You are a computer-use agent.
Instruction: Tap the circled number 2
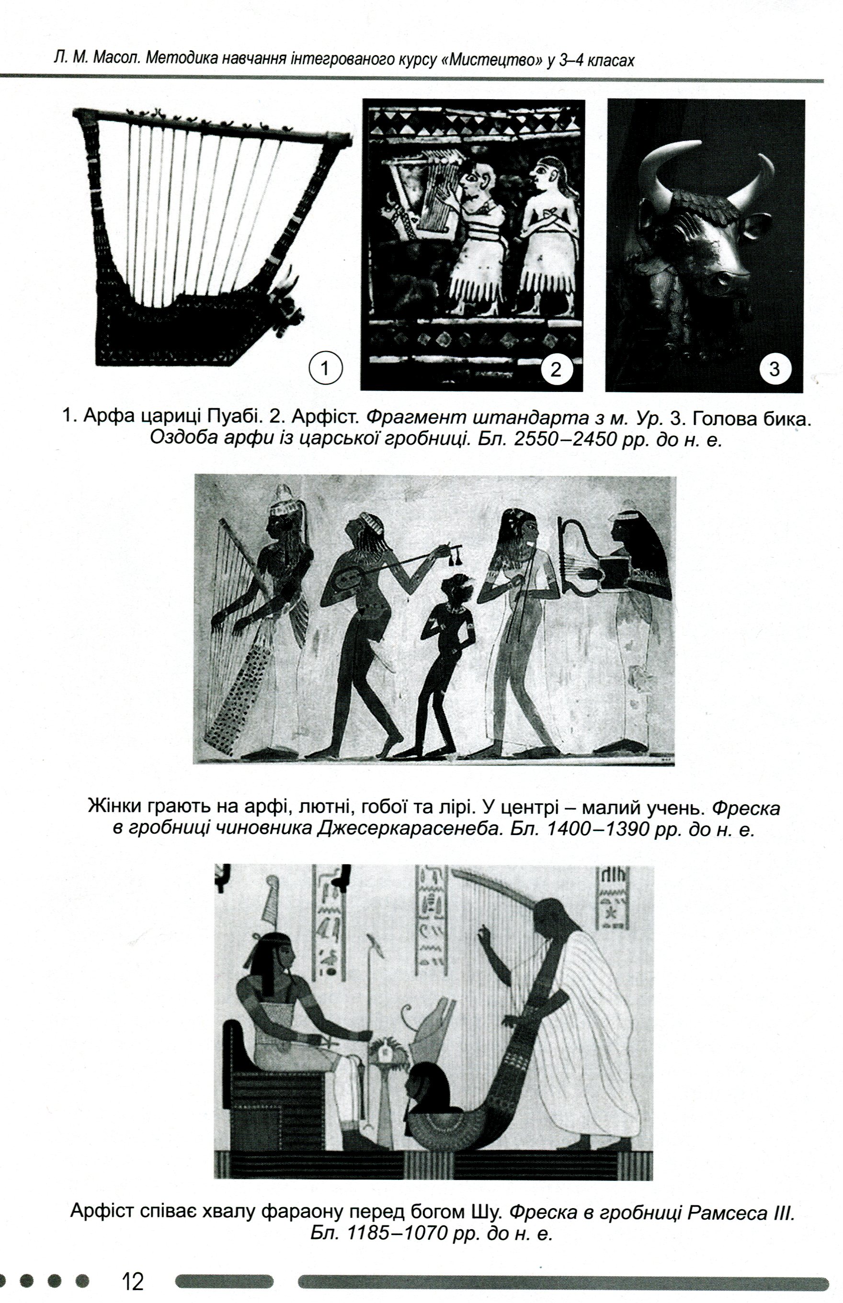click(x=556, y=369)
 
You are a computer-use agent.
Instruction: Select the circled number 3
click(x=774, y=368)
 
